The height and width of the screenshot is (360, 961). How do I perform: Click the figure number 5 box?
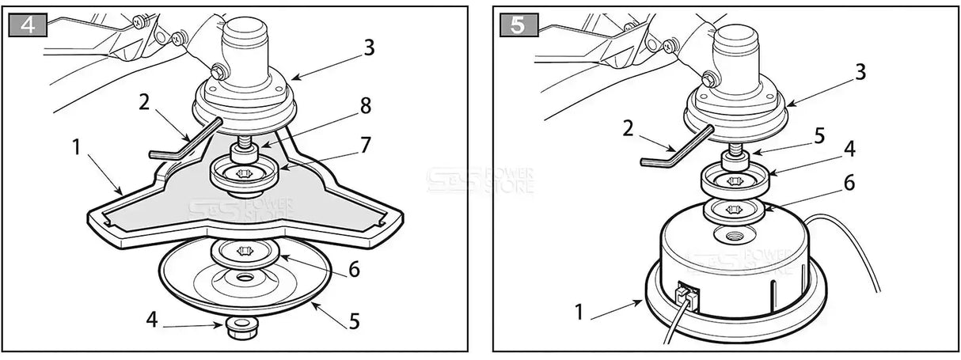[x=518, y=25]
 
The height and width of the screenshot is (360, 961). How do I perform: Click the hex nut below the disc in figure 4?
[x=238, y=328]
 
